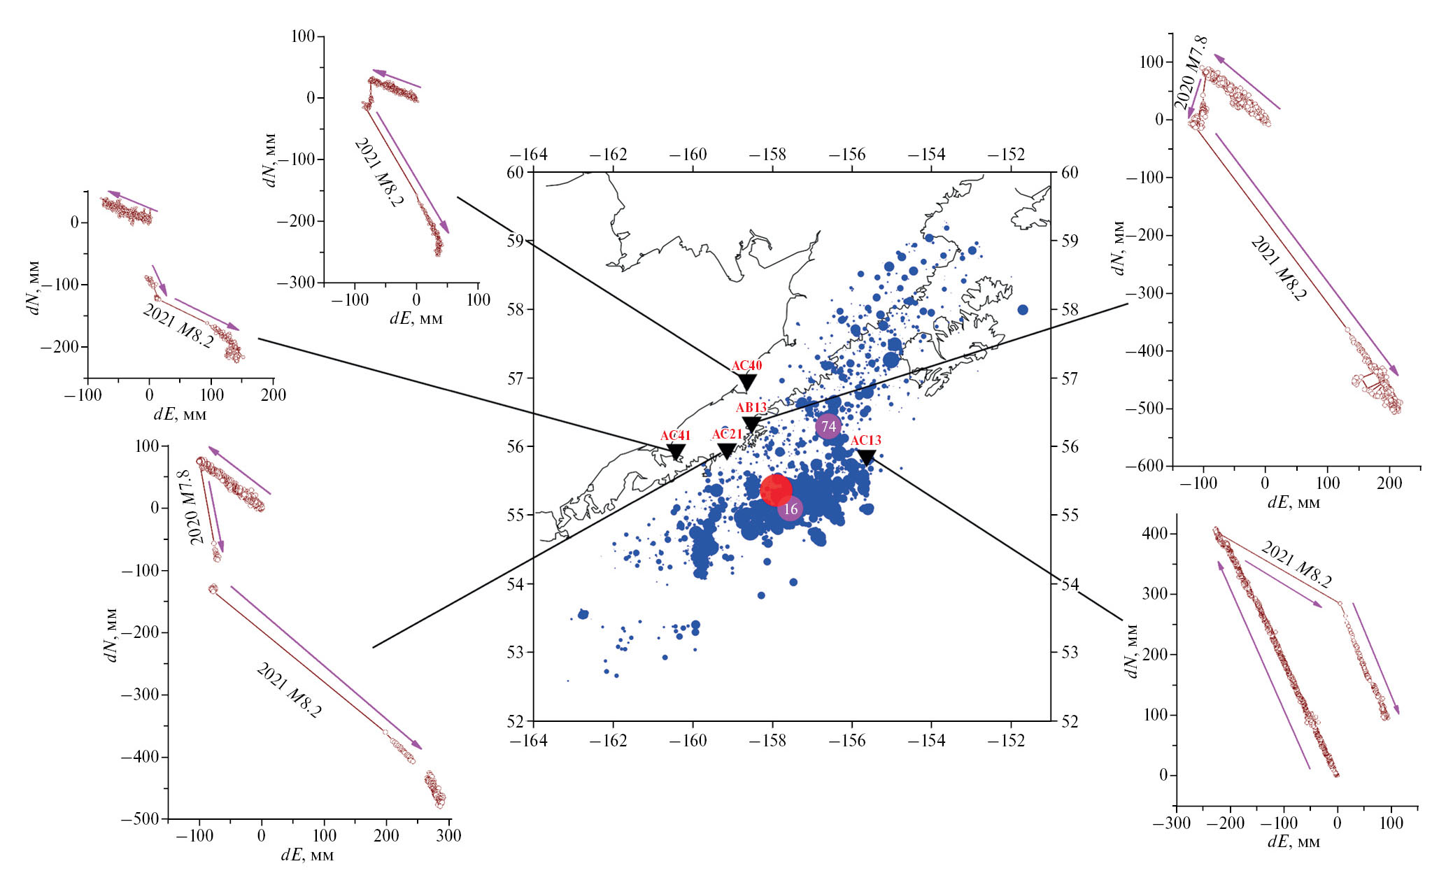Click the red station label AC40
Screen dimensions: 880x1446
pos(746,366)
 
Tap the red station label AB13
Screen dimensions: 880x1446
pos(751,408)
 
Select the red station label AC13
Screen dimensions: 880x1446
pos(866,440)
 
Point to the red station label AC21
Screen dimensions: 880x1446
pos(727,435)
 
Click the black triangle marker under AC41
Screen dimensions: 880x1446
pos(676,453)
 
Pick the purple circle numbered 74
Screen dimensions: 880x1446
pos(828,426)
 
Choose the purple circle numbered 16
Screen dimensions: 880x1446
pos(791,509)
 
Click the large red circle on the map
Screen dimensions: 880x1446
pos(775,490)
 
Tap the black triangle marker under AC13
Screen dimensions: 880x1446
pos(866,457)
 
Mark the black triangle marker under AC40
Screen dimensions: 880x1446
pos(747,383)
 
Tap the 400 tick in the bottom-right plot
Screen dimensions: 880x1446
pos(1154,534)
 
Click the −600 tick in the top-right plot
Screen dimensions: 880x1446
pos(1147,466)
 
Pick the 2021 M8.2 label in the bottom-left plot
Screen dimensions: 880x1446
pos(289,690)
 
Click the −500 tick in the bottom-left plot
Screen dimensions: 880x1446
pos(144,819)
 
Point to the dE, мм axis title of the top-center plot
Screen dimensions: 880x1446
pos(416,319)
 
